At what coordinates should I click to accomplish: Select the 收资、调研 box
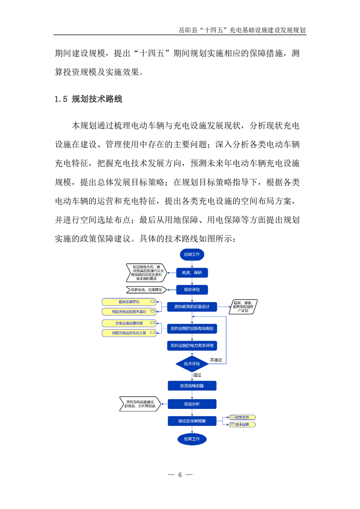tap(192, 272)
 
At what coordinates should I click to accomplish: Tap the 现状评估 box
tap(192, 289)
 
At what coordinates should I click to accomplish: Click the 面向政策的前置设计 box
tap(192, 307)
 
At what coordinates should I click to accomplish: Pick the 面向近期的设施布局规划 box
tap(192, 328)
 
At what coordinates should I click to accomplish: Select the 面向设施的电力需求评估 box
tap(192, 346)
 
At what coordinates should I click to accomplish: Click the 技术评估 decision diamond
tap(192, 363)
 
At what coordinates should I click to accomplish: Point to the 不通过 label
tap(216, 360)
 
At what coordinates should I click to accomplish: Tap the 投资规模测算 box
tap(192, 386)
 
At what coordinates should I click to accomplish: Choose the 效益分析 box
tap(192, 403)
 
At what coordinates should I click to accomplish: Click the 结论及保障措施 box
tap(192, 421)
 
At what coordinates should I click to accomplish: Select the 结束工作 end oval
tap(192, 439)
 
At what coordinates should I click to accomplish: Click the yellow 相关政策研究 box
tap(129, 302)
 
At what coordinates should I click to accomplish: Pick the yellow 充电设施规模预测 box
tap(129, 323)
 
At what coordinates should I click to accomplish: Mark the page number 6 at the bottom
tap(180, 475)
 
